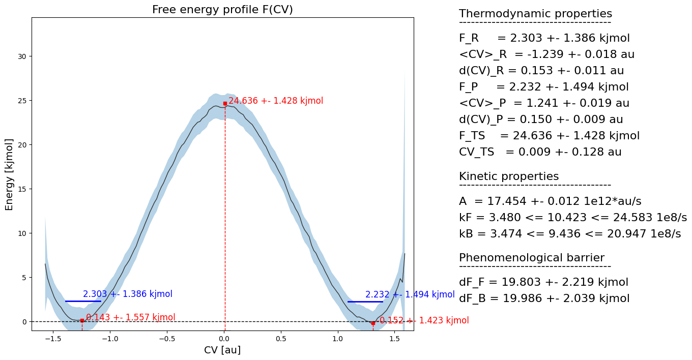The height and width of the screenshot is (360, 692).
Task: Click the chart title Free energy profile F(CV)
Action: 222,10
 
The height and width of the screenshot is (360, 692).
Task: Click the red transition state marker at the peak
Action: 225,103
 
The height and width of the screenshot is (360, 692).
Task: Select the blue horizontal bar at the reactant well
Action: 83,302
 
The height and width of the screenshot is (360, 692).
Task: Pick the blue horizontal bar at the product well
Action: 365,302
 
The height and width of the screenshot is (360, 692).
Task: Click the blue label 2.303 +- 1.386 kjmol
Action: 128,294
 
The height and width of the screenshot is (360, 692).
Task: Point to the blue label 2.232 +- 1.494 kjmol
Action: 410,294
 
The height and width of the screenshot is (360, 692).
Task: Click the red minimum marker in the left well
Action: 82,320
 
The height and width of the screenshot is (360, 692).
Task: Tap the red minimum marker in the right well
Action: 373,323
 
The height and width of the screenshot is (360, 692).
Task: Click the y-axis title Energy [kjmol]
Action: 10,174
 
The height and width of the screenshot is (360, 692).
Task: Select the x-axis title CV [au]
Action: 222,350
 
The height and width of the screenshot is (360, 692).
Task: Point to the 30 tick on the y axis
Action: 22,56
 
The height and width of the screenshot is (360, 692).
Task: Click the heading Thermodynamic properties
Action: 535,14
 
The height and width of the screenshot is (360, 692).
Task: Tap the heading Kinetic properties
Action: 509,176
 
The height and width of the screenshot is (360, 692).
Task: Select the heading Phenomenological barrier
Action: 532,257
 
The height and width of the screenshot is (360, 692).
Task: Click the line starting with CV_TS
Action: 540,152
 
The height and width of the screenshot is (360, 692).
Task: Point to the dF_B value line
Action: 544,298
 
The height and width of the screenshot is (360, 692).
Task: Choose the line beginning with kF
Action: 572,218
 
